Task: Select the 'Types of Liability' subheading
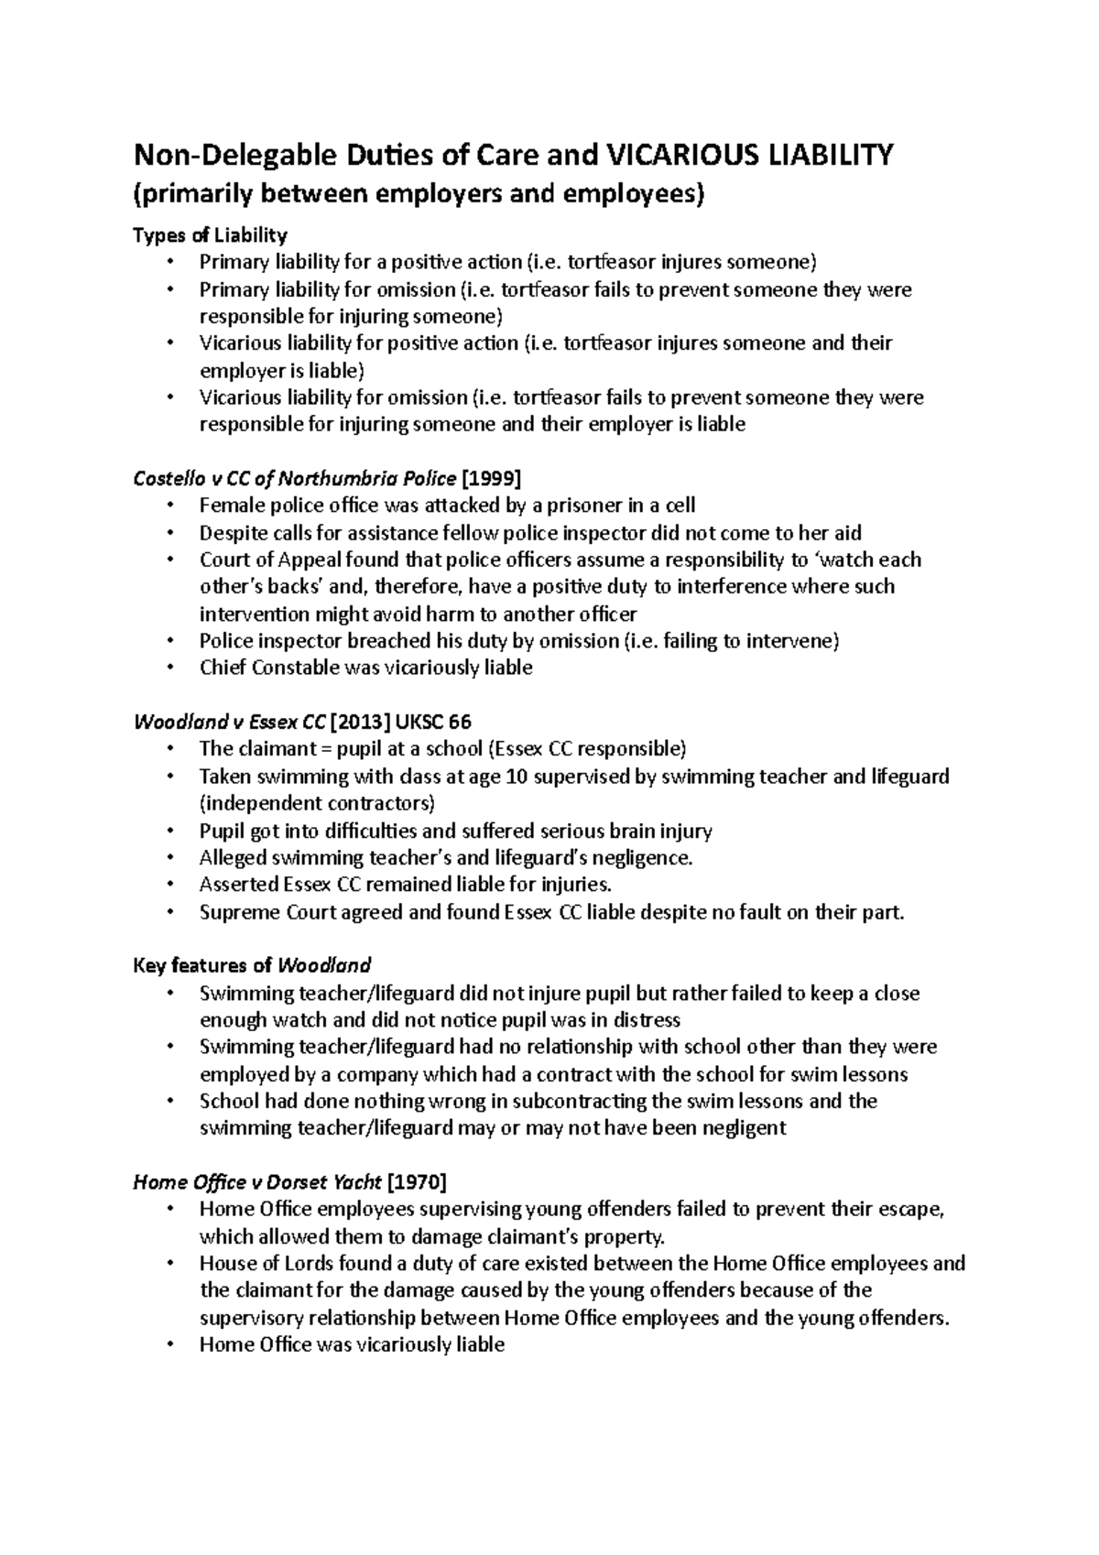(x=210, y=235)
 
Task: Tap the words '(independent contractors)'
(x=317, y=803)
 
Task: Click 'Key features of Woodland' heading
(x=252, y=965)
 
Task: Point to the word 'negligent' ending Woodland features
(x=743, y=1128)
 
